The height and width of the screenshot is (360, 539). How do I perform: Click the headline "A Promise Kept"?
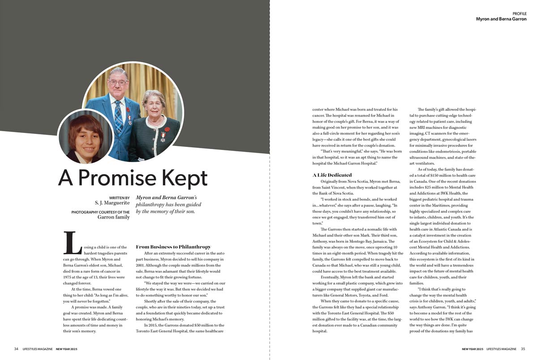(133, 178)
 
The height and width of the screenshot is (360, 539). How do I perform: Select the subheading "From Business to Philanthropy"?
(173, 247)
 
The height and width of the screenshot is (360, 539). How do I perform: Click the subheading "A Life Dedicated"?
(332, 175)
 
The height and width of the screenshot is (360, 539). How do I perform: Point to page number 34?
(16, 349)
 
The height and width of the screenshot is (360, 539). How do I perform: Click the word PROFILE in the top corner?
(519, 14)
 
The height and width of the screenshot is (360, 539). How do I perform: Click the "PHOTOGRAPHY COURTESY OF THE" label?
(100, 212)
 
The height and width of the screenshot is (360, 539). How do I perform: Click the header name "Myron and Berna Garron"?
(501, 19)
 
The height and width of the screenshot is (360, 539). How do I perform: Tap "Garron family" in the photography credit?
(114, 218)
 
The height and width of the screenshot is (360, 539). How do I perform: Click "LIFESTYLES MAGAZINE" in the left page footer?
(38, 349)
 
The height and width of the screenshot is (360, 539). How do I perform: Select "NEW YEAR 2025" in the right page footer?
(472, 349)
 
